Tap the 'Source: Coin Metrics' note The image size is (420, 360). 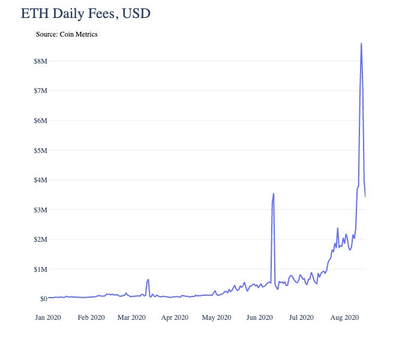pyautogui.click(x=67, y=34)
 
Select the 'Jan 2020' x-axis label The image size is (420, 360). pyautogui.click(x=48, y=317)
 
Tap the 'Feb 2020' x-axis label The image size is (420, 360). pyautogui.click(x=91, y=317)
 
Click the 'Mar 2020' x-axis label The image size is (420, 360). pyautogui.click(x=131, y=317)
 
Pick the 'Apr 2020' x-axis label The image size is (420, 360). pyautogui.click(x=175, y=317)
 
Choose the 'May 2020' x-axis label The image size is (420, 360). pyautogui.click(x=216, y=317)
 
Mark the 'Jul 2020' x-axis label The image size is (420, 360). pyautogui.click(x=301, y=317)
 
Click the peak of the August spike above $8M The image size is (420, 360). pyautogui.click(x=361, y=43)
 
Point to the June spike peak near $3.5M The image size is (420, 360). pyautogui.click(x=274, y=194)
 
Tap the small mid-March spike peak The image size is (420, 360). pyautogui.click(x=148, y=279)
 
